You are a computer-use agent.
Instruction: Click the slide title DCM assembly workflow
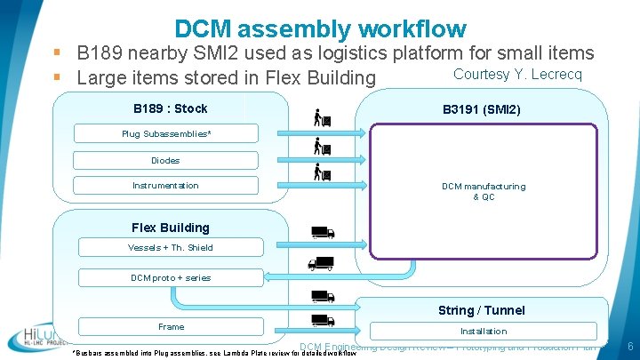tap(320, 29)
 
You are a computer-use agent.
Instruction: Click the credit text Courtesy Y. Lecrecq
tap(517, 74)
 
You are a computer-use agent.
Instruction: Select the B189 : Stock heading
tap(170, 108)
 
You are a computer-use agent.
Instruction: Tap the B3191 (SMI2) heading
tap(481, 110)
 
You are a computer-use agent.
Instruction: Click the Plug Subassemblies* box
tap(166, 134)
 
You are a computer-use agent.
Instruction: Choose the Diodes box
tap(165, 160)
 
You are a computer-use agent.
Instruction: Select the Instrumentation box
tap(165, 186)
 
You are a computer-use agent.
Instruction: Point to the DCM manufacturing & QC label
tap(484, 191)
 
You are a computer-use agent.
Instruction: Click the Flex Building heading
tap(170, 228)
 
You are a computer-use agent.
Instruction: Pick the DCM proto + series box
tap(171, 277)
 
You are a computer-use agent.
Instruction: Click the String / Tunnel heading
tap(481, 310)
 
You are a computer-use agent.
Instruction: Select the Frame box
tap(171, 327)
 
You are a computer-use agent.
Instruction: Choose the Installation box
tap(483, 331)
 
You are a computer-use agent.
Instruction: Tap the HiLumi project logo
tap(35, 337)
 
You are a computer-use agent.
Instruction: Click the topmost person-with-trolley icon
tap(322, 116)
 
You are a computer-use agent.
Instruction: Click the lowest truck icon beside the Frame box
tap(321, 321)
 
